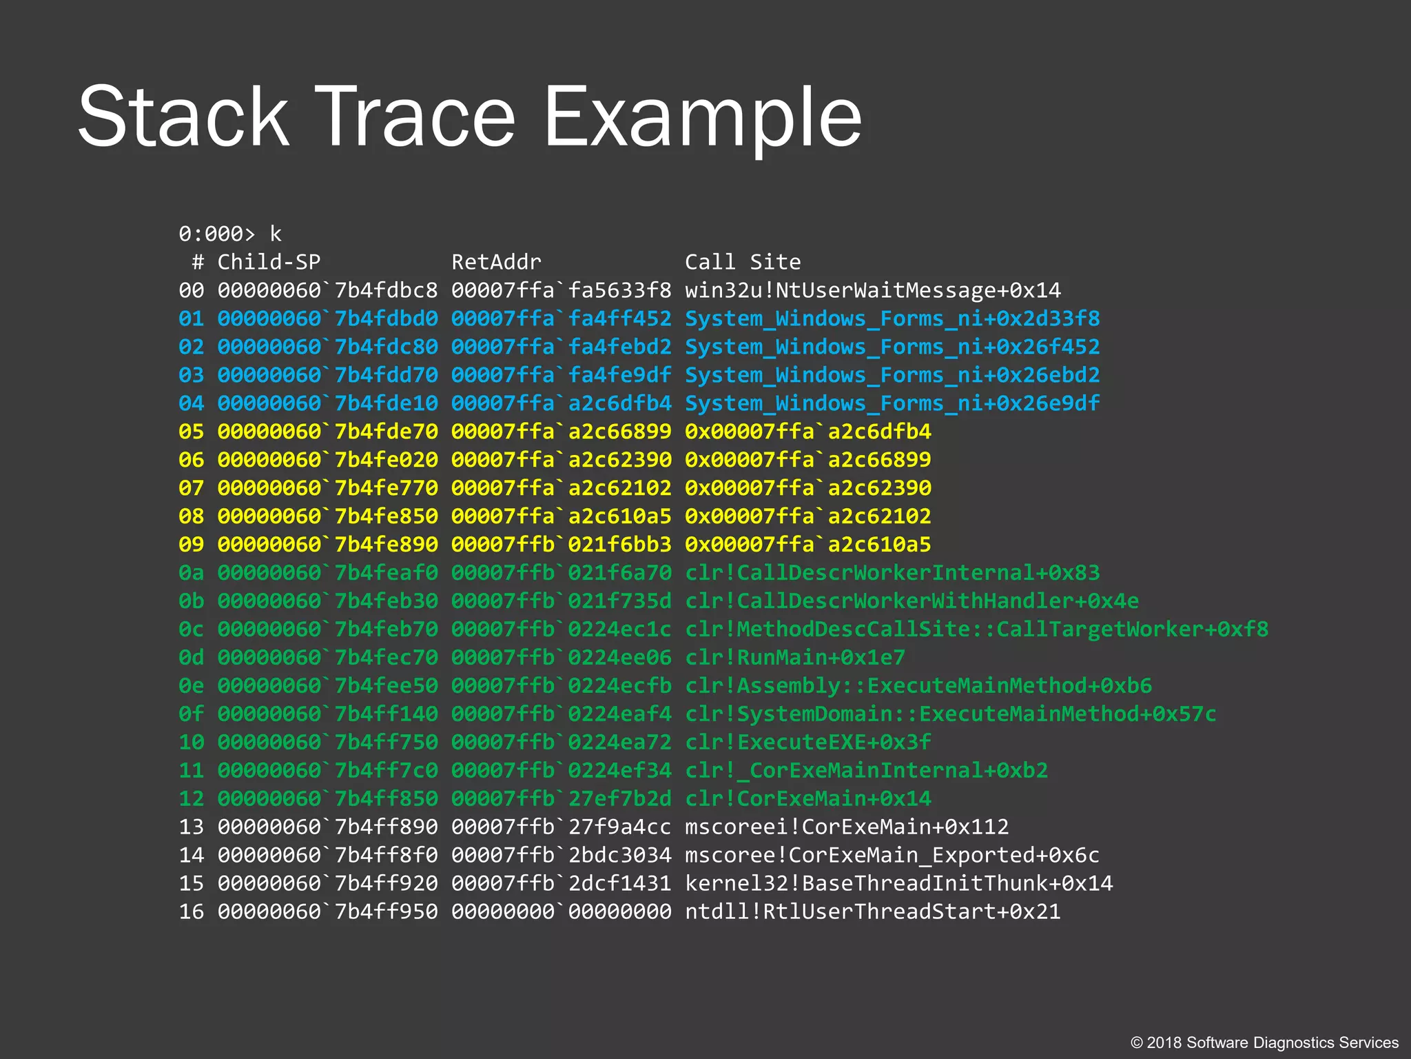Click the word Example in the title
coord(703,117)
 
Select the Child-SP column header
coord(269,262)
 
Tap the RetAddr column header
coord(496,262)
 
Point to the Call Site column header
coord(743,262)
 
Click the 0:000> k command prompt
coord(229,234)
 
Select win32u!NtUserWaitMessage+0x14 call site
coord(873,290)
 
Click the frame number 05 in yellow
coord(192,432)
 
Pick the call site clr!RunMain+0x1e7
coord(795,658)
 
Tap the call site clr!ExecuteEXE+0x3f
coord(808,743)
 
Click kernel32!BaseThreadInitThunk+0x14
coord(899,884)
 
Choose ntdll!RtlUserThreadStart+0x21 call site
coord(873,912)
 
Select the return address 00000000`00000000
coord(561,912)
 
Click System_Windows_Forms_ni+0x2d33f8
coord(892,319)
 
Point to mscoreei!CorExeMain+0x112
coord(847,827)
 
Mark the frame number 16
coord(192,912)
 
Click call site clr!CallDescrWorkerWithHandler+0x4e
coord(912,601)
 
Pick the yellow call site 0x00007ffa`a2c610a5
coord(808,545)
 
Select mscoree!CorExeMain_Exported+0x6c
coord(892,856)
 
